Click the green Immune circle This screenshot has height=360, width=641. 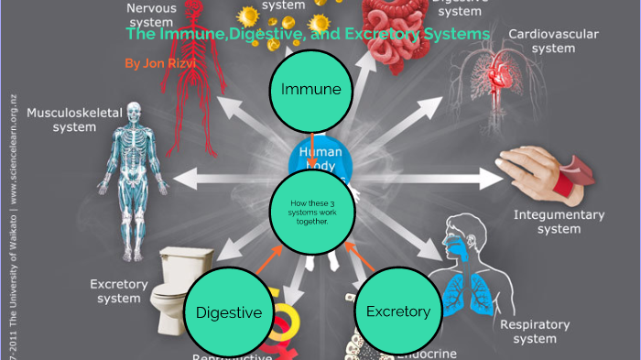(311, 89)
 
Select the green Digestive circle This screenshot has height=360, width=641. (229, 312)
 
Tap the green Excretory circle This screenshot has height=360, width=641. (398, 311)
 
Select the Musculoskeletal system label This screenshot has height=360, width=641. (61, 119)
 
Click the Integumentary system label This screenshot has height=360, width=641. (559, 222)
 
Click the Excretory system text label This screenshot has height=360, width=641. (119, 291)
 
